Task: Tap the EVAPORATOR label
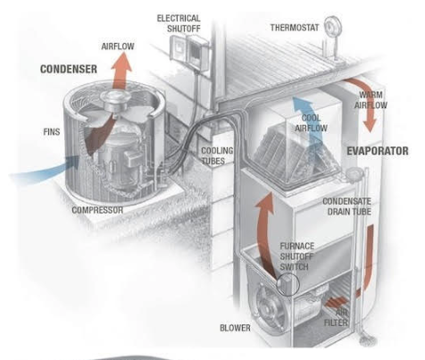click(377, 152)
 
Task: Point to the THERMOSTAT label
click(293, 27)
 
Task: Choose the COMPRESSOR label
click(98, 211)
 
